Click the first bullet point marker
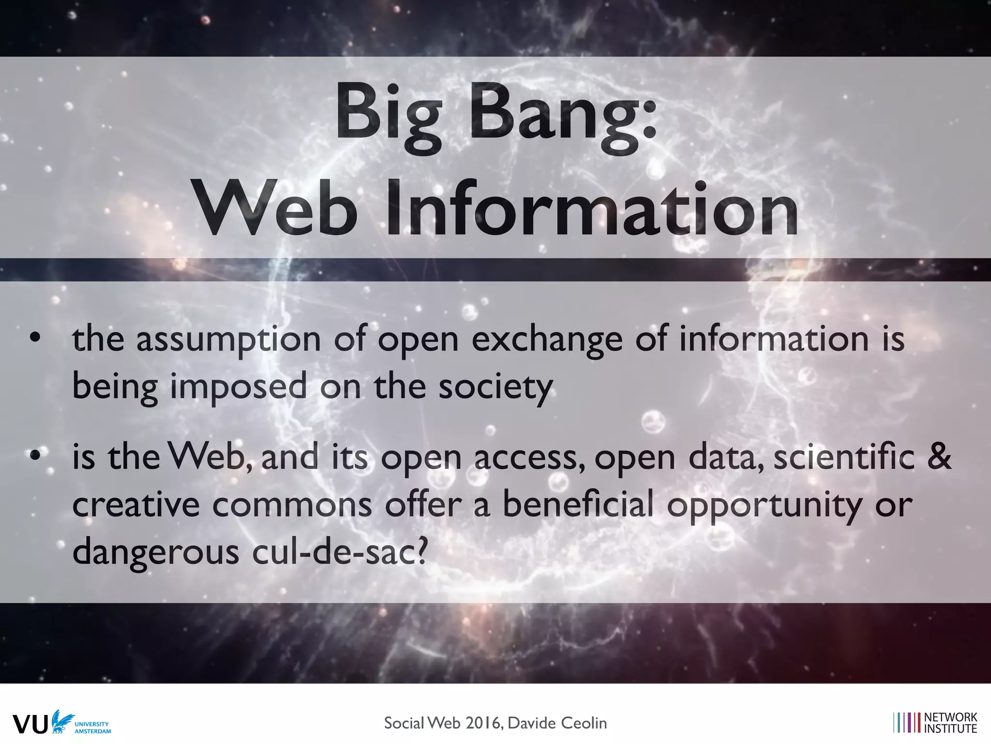point(34,338)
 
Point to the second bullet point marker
point(34,456)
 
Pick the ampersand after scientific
point(939,457)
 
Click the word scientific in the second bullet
point(844,457)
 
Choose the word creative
point(136,504)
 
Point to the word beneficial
point(578,504)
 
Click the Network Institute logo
point(935,723)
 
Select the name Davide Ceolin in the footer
point(557,723)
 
